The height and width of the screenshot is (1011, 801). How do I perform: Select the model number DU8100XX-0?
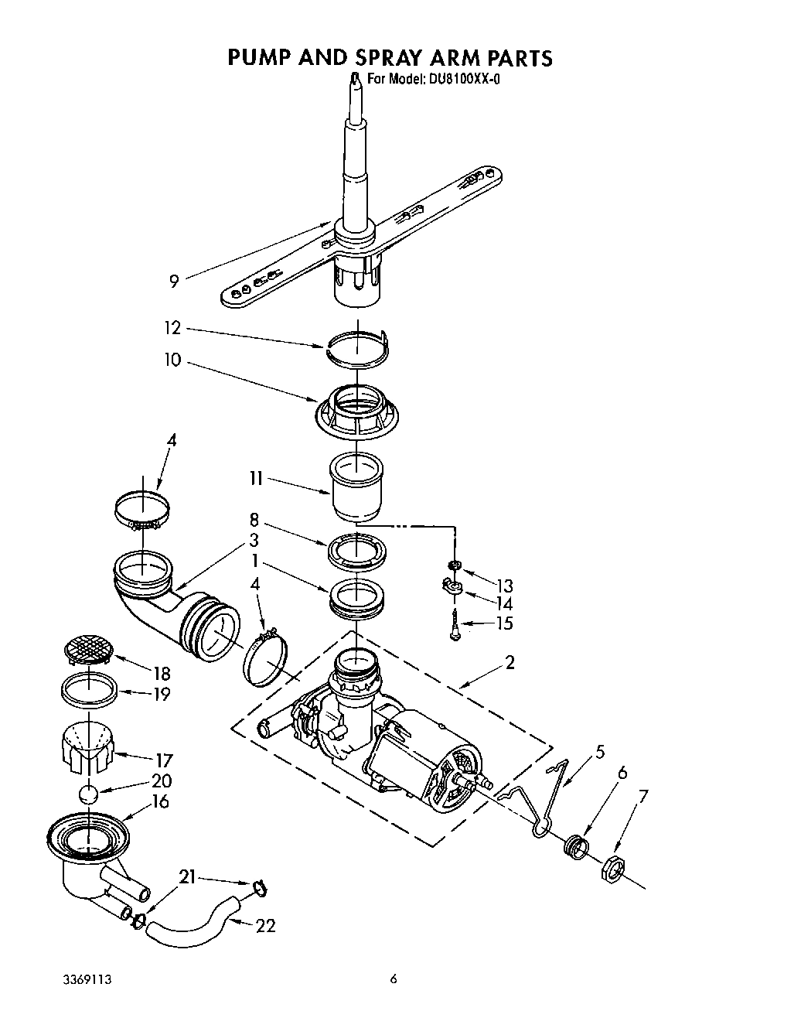click(x=461, y=79)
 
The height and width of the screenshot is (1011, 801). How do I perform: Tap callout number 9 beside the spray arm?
click(x=174, y=281)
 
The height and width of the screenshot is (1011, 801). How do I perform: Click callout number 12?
click(x=172, y=328)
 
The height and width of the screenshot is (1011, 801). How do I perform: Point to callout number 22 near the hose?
click(x=265, y=924)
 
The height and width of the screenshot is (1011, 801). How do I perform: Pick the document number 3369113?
click(x=87, y=979)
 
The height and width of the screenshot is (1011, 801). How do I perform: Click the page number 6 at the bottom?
click(x=394, y=979)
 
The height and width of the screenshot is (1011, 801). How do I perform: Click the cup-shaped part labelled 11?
click(x=356, y=487)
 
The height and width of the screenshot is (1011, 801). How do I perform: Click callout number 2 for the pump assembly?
click(x=509, y=661)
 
